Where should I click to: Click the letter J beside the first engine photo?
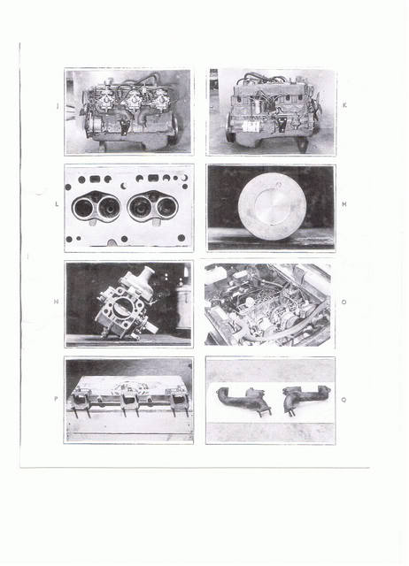coord(58,106)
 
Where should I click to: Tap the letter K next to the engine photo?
coord(344,105)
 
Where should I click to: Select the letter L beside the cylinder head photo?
coord(57,204)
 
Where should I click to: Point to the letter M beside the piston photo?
coord(344,204)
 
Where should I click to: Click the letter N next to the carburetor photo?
coord(56,302)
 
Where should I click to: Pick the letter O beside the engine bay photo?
coord(343,302)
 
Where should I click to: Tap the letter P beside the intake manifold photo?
coord(56,399)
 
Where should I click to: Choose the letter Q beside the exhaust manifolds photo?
coord(343,400)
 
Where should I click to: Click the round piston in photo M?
coord(273,205)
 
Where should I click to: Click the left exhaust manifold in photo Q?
coord(243,400)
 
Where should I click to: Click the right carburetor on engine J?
coord(161,97)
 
